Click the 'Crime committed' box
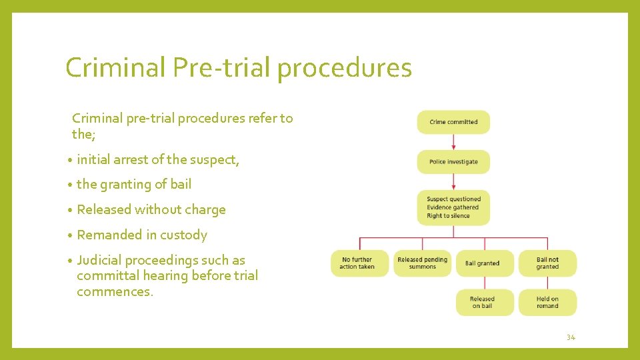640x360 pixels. point(453,122)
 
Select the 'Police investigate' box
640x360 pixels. point(453,162)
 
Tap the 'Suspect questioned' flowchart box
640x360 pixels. point(453,207)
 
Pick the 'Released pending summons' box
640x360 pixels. point(422,263)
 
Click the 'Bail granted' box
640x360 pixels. point(483,263)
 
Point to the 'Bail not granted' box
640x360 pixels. point(547,263)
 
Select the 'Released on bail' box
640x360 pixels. point(483,303)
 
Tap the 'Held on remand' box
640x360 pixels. point(547,303)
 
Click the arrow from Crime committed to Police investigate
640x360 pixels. point(453,142)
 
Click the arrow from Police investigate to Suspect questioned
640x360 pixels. point(453,182)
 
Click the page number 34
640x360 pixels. point(571,337)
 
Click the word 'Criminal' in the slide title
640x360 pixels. point(115,67)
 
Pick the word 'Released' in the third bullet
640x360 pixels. point(104,209)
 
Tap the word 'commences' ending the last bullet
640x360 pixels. point(114,291)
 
